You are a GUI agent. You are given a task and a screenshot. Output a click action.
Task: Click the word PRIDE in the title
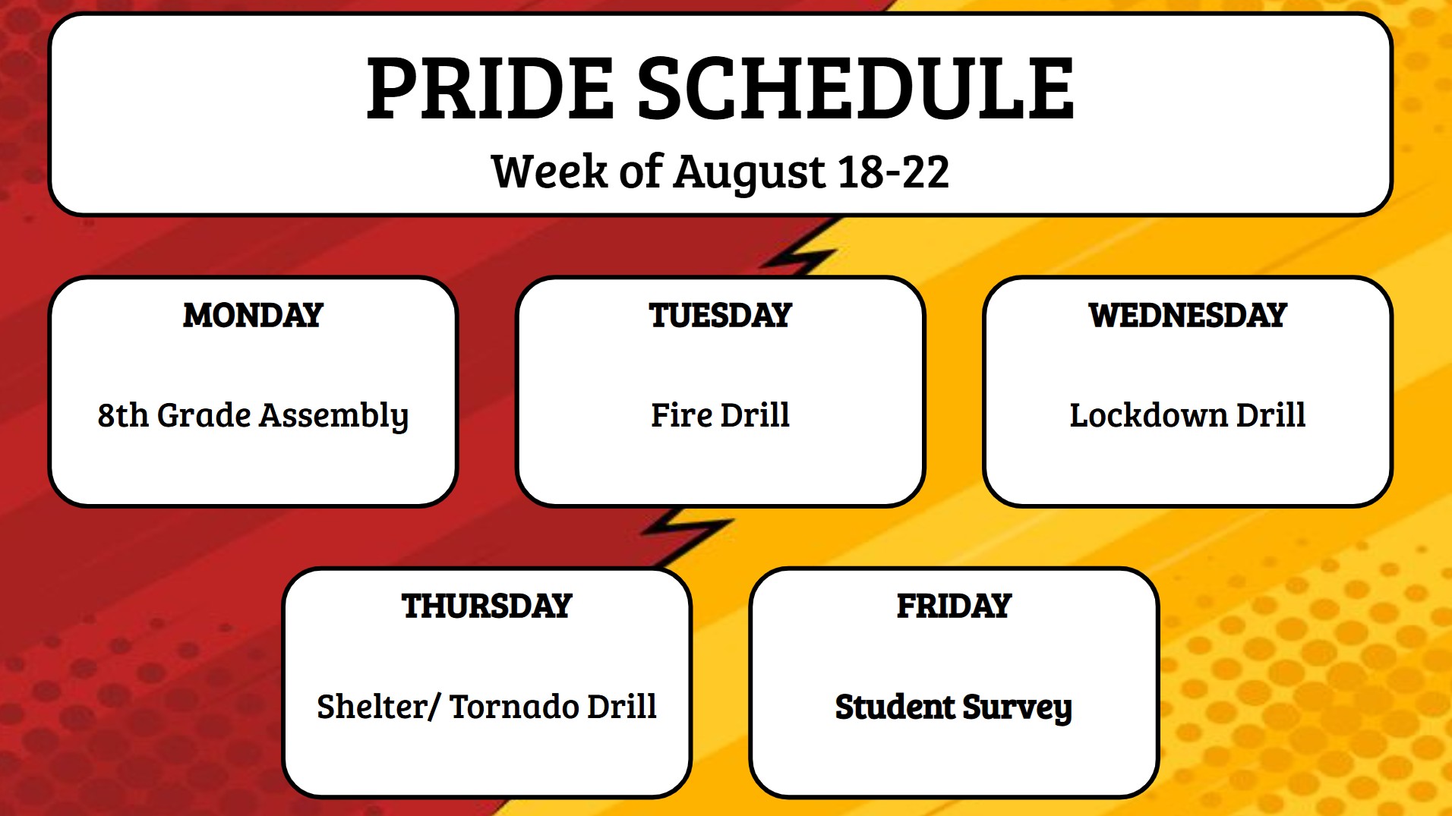(490, 90)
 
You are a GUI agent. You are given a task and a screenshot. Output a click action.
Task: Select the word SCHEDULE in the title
(855, 90)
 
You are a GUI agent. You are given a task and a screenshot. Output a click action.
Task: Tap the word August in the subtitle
(749, 172)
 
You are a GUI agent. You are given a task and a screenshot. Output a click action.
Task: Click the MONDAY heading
(253, 315)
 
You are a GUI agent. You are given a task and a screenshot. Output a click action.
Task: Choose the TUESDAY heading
(720, 315)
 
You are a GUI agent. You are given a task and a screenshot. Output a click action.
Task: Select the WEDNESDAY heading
(1187, 315)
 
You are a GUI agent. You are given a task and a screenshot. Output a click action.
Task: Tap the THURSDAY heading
(487, 606)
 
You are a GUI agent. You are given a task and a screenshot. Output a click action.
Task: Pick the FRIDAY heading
(954, 606)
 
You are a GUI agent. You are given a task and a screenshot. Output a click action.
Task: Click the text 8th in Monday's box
(122, 415)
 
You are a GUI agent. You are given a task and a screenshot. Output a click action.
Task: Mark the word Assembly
(334, 416)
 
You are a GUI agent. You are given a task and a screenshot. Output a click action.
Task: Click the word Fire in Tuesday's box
(680, 415)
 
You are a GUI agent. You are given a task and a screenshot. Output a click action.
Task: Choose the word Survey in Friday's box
(1017, 707)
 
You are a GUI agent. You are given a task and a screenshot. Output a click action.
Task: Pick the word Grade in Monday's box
(204, 415)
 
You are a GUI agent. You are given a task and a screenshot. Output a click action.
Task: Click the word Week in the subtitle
(548, 172)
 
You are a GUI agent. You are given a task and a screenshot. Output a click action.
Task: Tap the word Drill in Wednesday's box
(1270, 415)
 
